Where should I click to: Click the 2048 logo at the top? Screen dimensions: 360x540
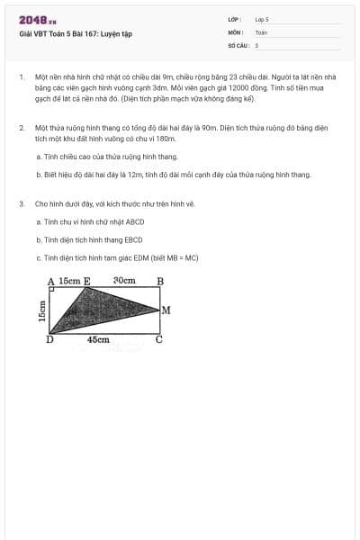click(x=37, y=20)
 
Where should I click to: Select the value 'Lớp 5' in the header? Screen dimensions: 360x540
click(x=262, y=19)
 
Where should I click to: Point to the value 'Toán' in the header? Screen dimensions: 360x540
click(x=261, y=31)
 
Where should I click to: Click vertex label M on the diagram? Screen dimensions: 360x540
click(x=166, y=310)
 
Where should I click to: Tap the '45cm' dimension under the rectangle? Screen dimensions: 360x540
click(x=99, y=340)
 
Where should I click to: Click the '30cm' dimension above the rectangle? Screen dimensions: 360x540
click(x=124, y=281)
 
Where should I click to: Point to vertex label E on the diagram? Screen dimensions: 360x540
click(x=86, y=281)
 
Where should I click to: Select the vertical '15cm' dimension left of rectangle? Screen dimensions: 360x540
click(x=41, y=310)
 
